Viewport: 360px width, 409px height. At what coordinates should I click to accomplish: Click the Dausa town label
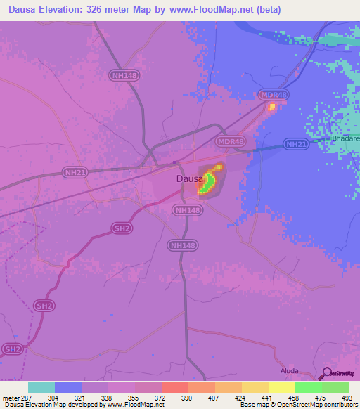(190, 179)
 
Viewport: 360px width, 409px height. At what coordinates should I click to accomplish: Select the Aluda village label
(290, 370)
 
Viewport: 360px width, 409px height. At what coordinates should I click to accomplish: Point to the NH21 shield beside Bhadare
(296, 144)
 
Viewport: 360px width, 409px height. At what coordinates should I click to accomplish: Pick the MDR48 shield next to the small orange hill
(274, 94)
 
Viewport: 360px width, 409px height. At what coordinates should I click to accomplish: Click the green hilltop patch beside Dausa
(207, 184)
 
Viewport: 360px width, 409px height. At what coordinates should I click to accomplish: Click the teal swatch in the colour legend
(41, 387)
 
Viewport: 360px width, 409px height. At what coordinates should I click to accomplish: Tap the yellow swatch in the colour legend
(282, 387)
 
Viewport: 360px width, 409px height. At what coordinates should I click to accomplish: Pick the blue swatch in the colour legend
(68, 387)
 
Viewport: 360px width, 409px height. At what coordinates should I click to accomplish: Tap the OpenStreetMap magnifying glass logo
(326, 373)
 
